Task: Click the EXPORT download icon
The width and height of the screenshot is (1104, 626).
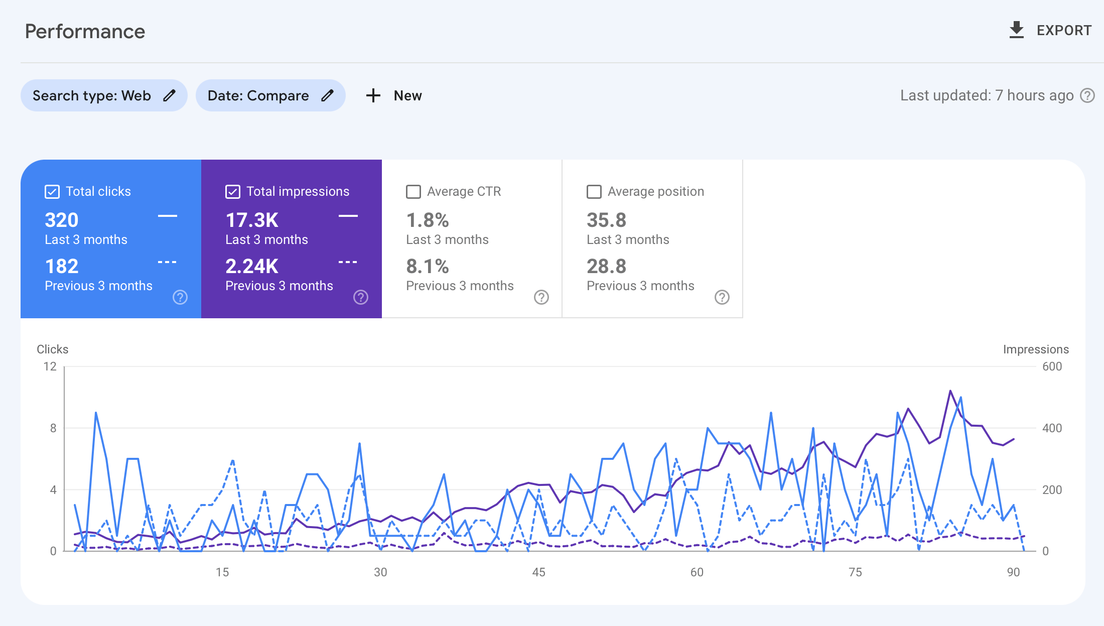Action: coord(1016,30)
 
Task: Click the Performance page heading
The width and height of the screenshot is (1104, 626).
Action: coord(85,32)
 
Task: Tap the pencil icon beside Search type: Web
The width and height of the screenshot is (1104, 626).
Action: coord(170,95)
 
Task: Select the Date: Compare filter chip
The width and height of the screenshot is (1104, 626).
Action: coord(270,95)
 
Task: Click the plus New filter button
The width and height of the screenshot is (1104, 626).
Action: coord(394,95)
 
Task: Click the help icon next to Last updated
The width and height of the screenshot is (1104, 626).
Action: coord(1087,95)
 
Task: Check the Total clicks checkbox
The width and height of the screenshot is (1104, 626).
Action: coord(52,192)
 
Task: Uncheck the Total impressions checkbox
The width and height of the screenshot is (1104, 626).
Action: coord(233,192)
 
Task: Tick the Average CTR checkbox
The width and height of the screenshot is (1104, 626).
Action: coord(413,192)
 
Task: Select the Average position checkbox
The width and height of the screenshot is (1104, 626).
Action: coord(594,192)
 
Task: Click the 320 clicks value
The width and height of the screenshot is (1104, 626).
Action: coord(62,220)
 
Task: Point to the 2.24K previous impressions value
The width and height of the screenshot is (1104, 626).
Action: coord(251,266)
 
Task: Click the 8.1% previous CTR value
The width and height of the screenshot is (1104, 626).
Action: coord(427,266)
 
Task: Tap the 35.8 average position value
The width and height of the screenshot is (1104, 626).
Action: coord(606,220)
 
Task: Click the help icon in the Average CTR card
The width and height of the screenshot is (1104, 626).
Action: coord(541,297)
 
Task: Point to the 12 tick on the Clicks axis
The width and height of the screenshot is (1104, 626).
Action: coord(50,366)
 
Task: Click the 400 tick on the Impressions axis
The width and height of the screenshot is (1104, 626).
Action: coord(1052,428)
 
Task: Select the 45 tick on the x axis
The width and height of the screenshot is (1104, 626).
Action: coord(538,572)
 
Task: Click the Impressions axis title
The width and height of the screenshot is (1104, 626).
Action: coord(1035,349)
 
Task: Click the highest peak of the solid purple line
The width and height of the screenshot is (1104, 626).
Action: coord(950,391)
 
